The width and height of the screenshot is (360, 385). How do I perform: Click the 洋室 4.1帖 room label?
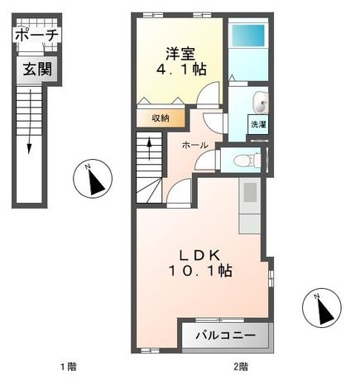click(x=180, y=62)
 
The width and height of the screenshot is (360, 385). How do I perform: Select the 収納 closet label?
click(x=160, y=118)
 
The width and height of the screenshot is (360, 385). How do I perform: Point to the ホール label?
click(x=195, y=143)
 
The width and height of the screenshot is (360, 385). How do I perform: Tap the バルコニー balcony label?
click(x=226, y=336)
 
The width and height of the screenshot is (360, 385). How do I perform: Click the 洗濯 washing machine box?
click(x=257, y=124)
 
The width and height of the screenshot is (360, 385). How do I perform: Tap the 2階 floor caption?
click(x=240, y=365)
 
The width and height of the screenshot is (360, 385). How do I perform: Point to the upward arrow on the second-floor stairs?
click(x=149, y=150)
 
